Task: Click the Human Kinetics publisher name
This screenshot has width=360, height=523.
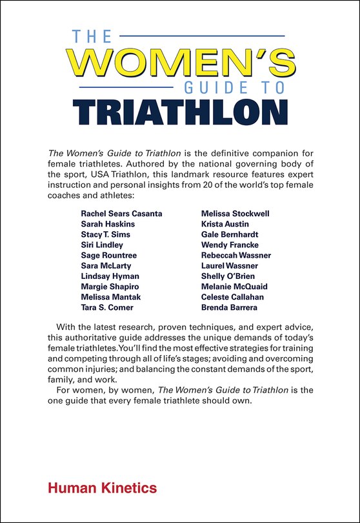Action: click(x=102, y=487)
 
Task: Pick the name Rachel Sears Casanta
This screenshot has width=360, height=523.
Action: click(x=121, y=213)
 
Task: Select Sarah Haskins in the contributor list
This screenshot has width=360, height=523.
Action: click(x=108, y=223)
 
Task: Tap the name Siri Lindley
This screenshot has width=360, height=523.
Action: click(x=102, y=244)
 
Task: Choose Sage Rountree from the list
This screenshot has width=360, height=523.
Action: click(x=109, y=255)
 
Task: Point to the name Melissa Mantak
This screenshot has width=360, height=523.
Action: click(x=110, y=296)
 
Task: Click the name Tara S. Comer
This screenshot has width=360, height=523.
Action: click(x=108, y=307)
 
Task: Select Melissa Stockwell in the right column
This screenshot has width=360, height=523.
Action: click(x=235, y=213)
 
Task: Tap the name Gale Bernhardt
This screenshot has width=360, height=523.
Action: click(x=230, y=234)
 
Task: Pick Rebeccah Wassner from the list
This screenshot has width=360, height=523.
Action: click(x=236, y=255)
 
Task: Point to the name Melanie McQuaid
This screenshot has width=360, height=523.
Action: click(x=234, y=286)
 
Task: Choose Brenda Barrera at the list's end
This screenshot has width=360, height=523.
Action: click(x=229, y=307)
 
